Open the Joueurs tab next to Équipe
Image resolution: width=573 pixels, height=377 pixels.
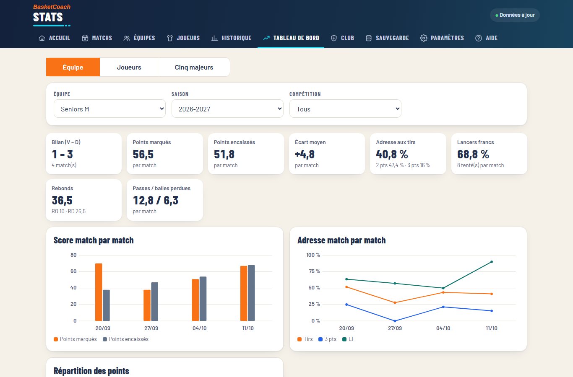pyautogui.click(x=129, y=67)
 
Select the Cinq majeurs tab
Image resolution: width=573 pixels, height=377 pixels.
pyautogui.click(x=194, y=67)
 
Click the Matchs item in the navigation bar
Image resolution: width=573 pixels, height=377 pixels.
pyautogui.click(x=97, y=38)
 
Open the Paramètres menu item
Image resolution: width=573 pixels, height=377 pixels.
pyautogui.click(x=442, y=38)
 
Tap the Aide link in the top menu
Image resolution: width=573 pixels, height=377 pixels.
pyautogui.click(x=486, y=38)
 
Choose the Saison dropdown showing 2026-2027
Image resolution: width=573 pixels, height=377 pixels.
pyautogui.click(x=227, y=109)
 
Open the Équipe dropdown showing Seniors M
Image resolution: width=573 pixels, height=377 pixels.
pyautogui.click(x=109, y=109)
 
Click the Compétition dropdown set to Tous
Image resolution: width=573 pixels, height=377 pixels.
pyautogui.click(x=345, y=109)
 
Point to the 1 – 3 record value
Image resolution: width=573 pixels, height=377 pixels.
pyautogui.click(x=63, y=154)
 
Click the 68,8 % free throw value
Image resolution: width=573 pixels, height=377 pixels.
pyautogui.click(x=473, y=154)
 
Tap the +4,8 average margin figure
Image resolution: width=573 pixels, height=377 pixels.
pyautogui.click(x=305, y=154)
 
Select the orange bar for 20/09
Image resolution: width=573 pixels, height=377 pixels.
pyautogui.click(x=99, y=292)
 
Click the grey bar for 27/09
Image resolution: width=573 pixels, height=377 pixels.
pyautogui.click(x=154, y=302)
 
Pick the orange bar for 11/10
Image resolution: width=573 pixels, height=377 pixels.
pyautogui.click(x=244, y=293)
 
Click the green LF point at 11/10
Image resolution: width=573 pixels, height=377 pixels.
pyautogui.click(x=491, y=262)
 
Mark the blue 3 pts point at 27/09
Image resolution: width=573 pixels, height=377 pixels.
pyautogui.click(x=395, y=321)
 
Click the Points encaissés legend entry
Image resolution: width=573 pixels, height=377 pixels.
pyautogui.click(x=125, y=339)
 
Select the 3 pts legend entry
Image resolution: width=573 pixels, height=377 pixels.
pyautogui.click(x=328, y=339)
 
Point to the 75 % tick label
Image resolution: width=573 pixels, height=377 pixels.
pyautogui.click(x=314, y=271)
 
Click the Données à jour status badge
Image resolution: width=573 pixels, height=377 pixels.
pyautogui.click(x=515, y=15)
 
